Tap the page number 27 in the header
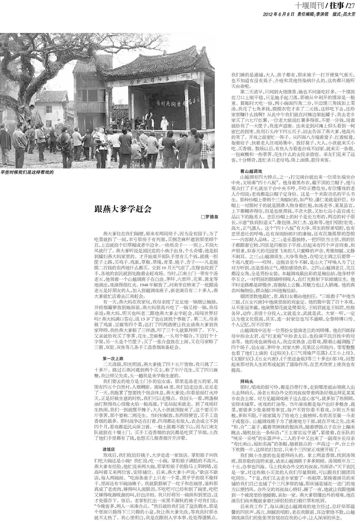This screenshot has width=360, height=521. (x=351, y=5)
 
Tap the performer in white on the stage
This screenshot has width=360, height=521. (x=165, y=122)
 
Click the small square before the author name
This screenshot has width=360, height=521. (x=202, y=217)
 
